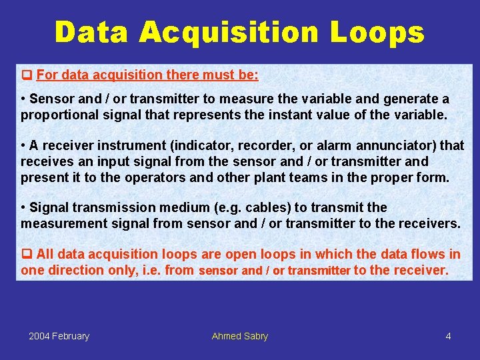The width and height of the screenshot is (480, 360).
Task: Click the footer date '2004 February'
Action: click(x=59, y=336)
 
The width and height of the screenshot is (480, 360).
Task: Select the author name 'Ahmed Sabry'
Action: click(x=239, y=336)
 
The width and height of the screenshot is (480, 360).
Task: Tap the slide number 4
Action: click(x=448, y=336)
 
